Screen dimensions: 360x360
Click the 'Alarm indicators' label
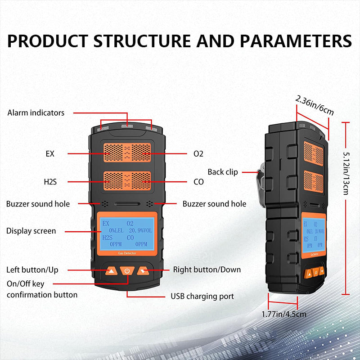tap(36, 112)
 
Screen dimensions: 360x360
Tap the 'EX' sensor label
tap(49, 153)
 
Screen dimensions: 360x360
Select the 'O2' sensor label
tap(198, 153)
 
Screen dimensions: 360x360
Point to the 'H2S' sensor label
tap(49, 182)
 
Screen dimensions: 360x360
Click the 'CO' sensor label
tap(198, 182)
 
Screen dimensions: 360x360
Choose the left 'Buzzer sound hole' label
tap(38, 204)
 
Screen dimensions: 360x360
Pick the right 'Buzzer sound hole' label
tap(214, 204)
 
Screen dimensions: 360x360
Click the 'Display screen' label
tap(31, 231)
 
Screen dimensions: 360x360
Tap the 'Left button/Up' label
tap(32, 270)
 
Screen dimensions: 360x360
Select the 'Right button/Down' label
tap(207, 270)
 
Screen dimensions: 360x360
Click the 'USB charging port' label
tap(202, 296)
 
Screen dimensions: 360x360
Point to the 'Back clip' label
tap(223, 172)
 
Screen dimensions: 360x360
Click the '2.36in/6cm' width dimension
tap(315, 104)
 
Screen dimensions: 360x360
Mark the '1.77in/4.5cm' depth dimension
tap(284, 314)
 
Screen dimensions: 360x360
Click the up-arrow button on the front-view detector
tap(111, 271)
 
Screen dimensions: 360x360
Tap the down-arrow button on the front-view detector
tap(143, 271)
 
